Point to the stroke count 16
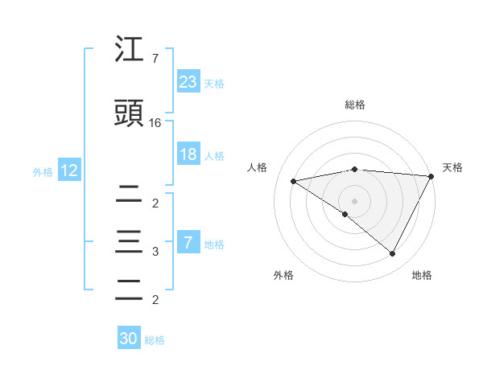(x=155, y=123)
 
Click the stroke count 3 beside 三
(x=155, y=252)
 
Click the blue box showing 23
(x=188, y=81)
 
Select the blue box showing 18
(x=188, y=154)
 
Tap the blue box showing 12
(x=68, y=171)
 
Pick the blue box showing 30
(x=129, y=339)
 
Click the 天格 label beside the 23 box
(x=214, y=83)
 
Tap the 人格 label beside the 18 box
(x=214, y=156)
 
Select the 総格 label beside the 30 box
(x=155, y=340)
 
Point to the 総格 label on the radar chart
(x=354, y=105)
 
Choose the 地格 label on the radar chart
(x=422, y=275)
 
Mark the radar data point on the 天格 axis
(x=432, y=176)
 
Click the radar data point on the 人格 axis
(x=294, y=181)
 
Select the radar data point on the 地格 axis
(x=393, y=254)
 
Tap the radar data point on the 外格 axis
(x=345, y=214)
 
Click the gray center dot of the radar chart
(x=354, y=200)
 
